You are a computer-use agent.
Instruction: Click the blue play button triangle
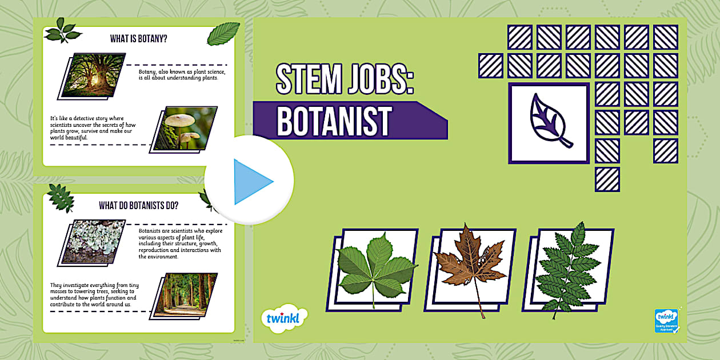(x=251, y=182)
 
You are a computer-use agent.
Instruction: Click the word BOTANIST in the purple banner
(x=334, y=121)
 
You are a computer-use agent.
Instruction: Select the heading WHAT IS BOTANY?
(x=142, y=39)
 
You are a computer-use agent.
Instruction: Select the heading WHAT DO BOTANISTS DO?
(x=138, y=205)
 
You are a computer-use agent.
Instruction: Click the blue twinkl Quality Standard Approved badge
(x=666, y=321)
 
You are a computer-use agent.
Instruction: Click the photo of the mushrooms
(x=184, y=129)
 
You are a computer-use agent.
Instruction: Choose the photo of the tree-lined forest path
(x=184, y=295)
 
